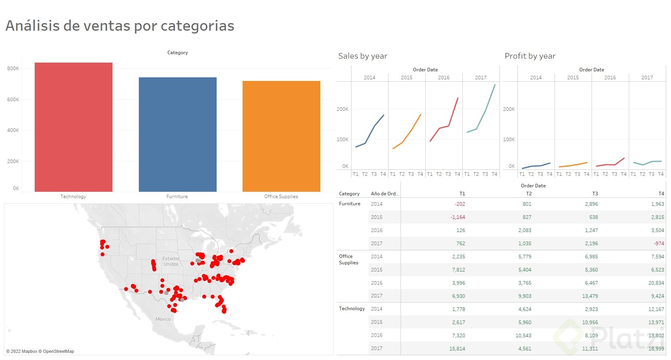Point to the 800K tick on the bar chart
pyautogui.click(x=13, y=69)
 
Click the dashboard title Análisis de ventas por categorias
pyautogui.click(x=120, y=26)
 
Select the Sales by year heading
pyautogui.click(x=363, y=56)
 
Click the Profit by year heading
pyautogui.click(x=530, y=56)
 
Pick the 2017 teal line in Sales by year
pyautogui.click(x=486, y=110)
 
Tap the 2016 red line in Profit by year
pyautogui.click(x=615, y=164)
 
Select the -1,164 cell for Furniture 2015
pyautogui.click(x=458, y=217)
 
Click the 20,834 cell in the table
pyautogui.click(x=656, y=283)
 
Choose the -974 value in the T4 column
pyautogui.click(x=659, y=244)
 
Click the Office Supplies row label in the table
pyautogui.click(x=348, y=260)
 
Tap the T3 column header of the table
pyautogui.click(x=595, y=194)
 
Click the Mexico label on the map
pyautogui.click(x=163, y=319)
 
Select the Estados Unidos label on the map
pyautogui.click(x=171, y=262)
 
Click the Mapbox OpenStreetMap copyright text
pyautogui.click(x=40, y=352)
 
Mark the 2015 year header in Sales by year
pyautogui.click(x=407, y=78)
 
